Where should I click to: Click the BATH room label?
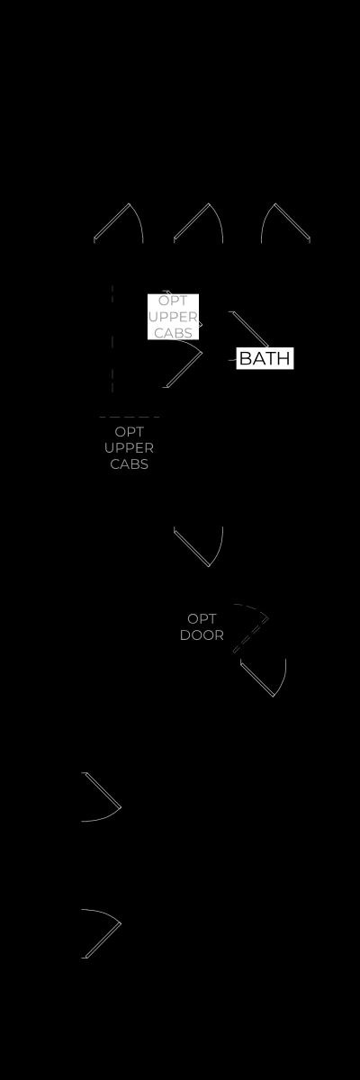265,358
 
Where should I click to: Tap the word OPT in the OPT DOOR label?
202,618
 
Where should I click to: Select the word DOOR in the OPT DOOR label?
202,635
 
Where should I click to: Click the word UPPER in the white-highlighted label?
173,317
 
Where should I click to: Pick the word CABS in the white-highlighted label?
173,333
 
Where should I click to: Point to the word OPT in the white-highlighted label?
173,301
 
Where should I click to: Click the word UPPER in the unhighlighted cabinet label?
130,448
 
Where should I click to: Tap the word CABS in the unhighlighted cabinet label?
130,463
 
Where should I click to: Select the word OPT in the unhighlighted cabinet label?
130,431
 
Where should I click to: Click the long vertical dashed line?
112,338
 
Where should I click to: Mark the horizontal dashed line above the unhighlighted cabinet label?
130,417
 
